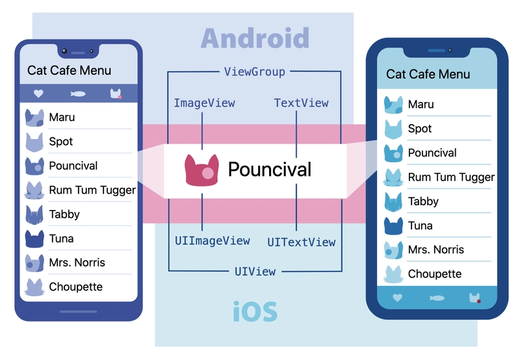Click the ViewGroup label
click(x=254, y=71)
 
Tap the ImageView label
click(x=204, y=103)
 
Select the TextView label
click(x=301, y=103)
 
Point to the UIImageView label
click(x=212, y=240)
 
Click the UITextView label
click(x=302, y=242)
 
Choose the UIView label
click(x=255, y=271)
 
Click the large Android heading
click(x=255, y=38)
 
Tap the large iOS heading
click(x=255, y=312)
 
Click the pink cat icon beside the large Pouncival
click(x=200, y=170)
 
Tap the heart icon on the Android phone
click(x=38, y=94)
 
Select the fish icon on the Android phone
click(x=77, y=94)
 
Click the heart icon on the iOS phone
click(x=398, y=298)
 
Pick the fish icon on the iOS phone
click(x=437, y=298)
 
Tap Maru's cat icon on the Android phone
click(x=34, y=118)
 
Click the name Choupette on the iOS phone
click(x=434, y=274)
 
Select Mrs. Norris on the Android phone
click(x=77, y=263)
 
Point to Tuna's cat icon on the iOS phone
click(x=393, y=225)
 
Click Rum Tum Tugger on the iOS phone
click(x=451, y=177)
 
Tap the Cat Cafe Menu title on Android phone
click(x=69, y=70)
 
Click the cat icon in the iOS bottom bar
click(x=475, y=298)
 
